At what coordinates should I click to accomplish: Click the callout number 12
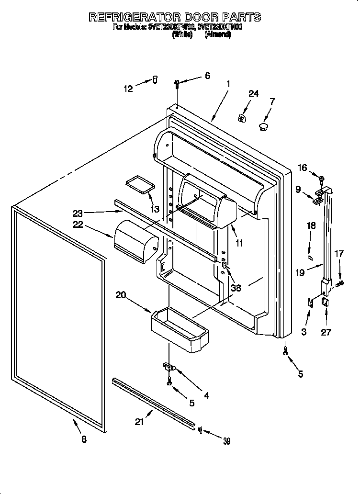point(128,88)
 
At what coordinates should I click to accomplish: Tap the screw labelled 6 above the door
point(177,84)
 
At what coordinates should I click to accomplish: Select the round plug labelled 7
point(263,126)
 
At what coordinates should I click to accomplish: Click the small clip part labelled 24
point(243,117)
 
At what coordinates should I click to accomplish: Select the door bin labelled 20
point(180,329)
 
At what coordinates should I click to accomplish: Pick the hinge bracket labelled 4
point(169,367)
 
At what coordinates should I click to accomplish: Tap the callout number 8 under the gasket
point(84,440)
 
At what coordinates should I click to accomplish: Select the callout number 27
point(326,332)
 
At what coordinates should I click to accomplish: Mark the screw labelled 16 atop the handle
point(322,179)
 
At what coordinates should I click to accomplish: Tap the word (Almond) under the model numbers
point(218,34)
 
